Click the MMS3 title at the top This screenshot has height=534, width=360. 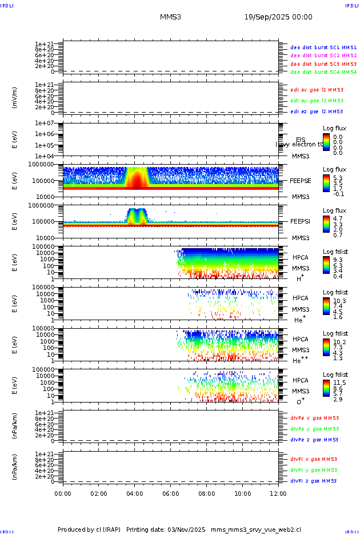[x=170, y=17]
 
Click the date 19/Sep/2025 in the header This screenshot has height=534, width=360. [x=278, y=17]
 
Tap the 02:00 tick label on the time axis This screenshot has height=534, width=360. [x=99, y=493]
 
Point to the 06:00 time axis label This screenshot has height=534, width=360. [x=171, y=493]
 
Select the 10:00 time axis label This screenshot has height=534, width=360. [x=243, y=493]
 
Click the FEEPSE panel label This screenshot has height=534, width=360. [x=301, y=180]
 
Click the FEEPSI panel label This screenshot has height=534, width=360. [x=301, y=221]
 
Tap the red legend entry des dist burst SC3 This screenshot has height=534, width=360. [x=323, y=64]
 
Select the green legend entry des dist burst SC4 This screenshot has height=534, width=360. [x=323, y=73]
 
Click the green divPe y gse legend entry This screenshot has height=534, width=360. [x=314, y=429]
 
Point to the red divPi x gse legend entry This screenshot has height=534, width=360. [x=314, y=459]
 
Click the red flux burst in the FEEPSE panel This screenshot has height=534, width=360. [x=137, y=182]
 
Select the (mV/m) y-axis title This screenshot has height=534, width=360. [x=15, y=98]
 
